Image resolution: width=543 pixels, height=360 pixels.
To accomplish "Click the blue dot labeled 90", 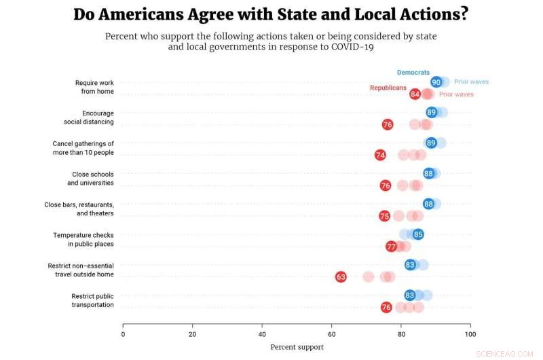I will pos(436,82).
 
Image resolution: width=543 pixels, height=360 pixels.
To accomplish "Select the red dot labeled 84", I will pos(415,94).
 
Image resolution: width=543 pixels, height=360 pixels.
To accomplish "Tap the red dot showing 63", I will pos(341,276).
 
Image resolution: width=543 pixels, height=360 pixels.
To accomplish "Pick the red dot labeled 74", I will pos(380,155).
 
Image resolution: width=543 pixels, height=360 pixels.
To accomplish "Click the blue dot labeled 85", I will pos(418,234).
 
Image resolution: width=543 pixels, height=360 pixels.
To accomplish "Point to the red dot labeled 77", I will pos(391,247).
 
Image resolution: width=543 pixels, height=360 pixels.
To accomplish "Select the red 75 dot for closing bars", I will pos(384,216).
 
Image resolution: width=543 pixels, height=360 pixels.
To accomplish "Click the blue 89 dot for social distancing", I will pos(432,112).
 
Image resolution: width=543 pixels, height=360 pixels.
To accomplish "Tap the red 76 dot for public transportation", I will pos(386,307).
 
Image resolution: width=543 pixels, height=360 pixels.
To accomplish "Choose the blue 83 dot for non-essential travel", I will pos(410,265).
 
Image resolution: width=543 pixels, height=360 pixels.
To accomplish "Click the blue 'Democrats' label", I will pos(413,72).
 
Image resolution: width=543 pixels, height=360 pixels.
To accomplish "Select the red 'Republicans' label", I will pos(388,88).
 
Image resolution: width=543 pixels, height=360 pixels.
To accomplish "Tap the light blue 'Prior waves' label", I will pos(471,82).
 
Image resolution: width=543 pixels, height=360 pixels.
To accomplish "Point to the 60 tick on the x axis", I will pos(331,334).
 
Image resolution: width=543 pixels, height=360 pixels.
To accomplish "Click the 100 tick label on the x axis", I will pos(470,334).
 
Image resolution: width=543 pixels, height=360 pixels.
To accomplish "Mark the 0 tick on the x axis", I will pos(123,334).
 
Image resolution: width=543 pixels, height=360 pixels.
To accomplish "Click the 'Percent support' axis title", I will pos(297,347).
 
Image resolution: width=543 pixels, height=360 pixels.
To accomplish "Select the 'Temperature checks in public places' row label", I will pos(83,239).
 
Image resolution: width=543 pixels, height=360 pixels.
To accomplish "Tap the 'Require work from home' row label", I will pos(94,87).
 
